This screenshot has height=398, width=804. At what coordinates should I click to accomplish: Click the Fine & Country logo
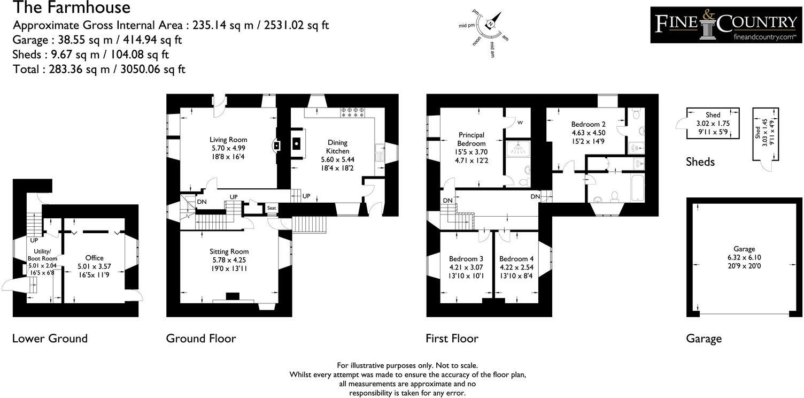(726, 25)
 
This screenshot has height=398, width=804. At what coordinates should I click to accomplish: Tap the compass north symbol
(490, 24)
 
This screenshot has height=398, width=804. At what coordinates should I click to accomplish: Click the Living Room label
(229, 140)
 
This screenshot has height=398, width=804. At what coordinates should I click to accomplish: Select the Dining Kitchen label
(337, 147)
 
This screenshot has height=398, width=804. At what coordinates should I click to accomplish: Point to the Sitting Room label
(229, 251)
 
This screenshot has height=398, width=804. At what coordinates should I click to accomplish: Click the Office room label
(94, 258)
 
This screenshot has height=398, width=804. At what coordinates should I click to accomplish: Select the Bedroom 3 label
(462, 258)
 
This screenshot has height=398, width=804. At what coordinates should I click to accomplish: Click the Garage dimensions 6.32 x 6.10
(744, 257)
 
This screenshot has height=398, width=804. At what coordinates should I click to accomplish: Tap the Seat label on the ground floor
(272, 208)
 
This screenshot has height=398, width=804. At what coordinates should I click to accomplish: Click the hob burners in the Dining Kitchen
(352, 111)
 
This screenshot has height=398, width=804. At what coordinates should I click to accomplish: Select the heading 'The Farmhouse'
(71, 8)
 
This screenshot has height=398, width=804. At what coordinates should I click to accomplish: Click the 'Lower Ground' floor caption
(50, 338)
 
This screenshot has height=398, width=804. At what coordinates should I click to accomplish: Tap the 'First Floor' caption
(452, 338)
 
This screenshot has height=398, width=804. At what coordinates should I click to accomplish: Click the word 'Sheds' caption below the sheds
(700, 162)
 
